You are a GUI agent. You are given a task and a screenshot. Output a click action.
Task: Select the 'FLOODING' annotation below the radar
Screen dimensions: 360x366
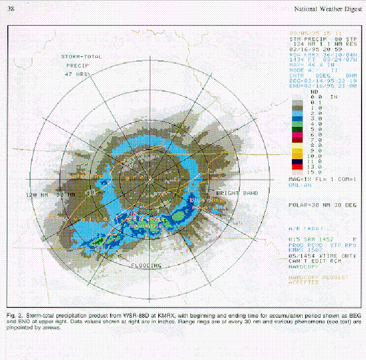coord(146,266)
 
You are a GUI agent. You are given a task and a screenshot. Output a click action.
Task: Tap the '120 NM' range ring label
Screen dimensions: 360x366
coord(35,195)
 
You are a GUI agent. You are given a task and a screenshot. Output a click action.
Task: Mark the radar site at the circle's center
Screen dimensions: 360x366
coord(149,179)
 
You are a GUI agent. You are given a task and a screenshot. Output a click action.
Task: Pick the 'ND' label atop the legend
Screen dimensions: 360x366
coord(314,91)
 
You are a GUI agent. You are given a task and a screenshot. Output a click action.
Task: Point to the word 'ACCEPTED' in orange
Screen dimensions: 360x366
coord(304,282)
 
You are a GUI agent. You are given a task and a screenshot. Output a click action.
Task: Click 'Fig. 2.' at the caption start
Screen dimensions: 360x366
coord(15,314)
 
